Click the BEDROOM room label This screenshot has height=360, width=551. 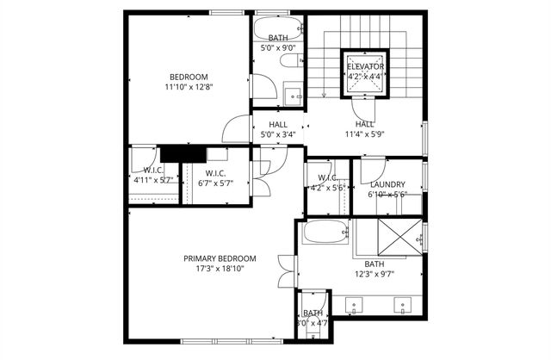coord(188,77)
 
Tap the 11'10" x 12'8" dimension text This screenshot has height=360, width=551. coord(188,87)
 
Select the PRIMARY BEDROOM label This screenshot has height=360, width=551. coord(220,258)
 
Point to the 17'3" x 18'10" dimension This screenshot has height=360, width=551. coord(220,269)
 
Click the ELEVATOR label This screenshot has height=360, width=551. coord(366,66)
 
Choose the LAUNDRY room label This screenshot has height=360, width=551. coord(387,184)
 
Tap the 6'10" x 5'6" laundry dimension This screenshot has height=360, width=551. coord(387,195)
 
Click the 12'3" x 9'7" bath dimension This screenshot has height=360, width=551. coord(375,275)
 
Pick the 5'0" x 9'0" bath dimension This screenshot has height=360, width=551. coord(278,48)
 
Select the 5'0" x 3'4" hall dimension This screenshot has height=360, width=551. coord(278,134)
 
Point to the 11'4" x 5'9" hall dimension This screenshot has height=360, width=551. coord(364,134)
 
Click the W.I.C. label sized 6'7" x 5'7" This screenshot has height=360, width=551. coord(215,172)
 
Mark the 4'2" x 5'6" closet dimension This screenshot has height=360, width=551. coord(327,187)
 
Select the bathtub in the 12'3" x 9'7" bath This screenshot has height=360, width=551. coord(325,232)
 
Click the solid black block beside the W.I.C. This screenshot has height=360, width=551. coord(181,152)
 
